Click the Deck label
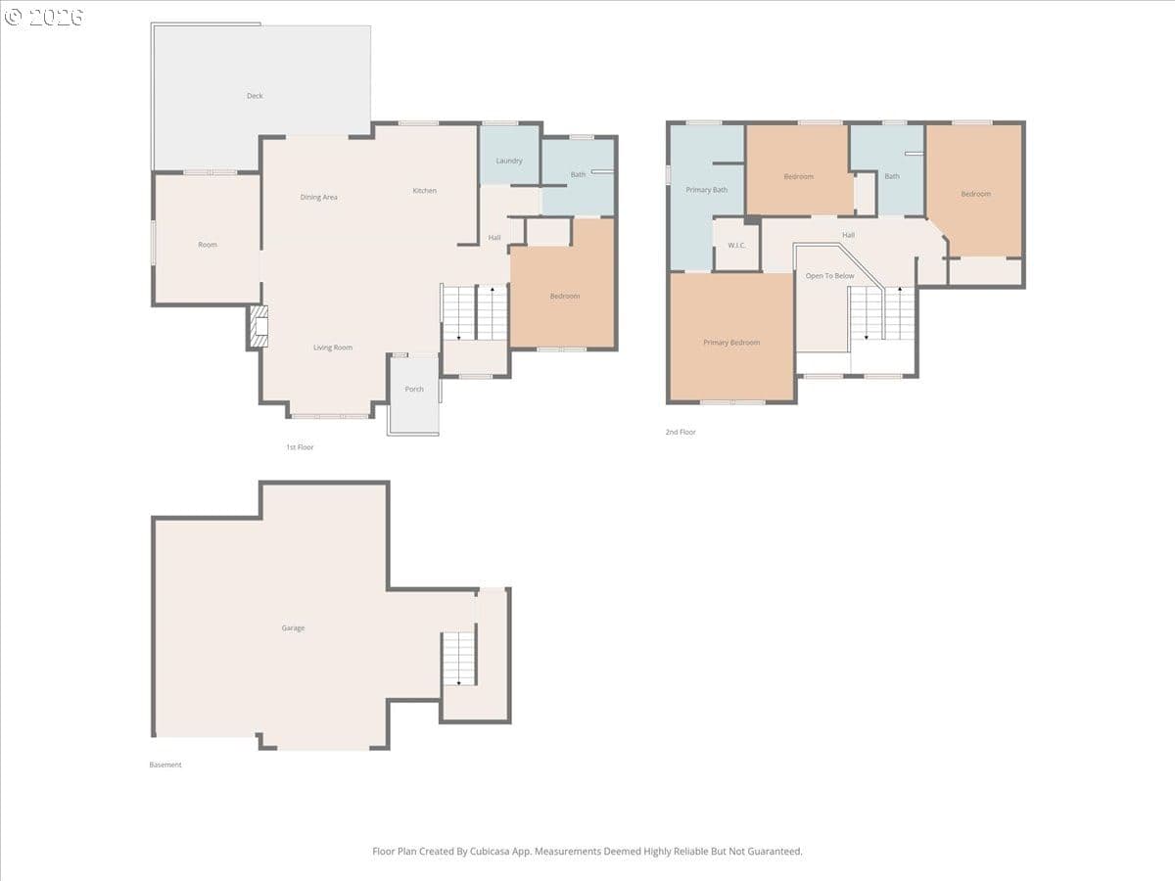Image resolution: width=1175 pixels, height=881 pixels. (255, 96)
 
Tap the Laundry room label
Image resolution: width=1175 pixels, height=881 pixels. (509, 161)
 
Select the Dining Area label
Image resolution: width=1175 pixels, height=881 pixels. (319, 198)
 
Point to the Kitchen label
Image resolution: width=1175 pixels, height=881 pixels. (425, 191)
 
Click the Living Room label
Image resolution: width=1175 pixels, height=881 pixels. (333, 348)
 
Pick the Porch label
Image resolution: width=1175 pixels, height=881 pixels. (414, 389)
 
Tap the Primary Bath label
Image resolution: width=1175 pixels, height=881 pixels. (707, 190)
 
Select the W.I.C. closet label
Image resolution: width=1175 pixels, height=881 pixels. (736, 246)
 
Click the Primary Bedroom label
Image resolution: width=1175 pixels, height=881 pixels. (731, 343)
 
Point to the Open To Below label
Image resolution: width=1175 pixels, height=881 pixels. (830, 276)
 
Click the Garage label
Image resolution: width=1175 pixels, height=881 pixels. (294, 628)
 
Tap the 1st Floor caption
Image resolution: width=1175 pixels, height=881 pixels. (300, 447)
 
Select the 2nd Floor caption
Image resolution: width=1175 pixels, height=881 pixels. (681, 432)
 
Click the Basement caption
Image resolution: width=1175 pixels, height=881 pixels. (165, 765)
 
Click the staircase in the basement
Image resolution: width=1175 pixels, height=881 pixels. (459, 659)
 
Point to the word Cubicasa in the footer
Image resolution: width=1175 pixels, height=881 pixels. (491, 851)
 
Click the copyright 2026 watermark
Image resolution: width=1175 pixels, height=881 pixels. (44, 17)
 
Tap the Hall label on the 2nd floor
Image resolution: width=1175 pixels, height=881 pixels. (849, 235)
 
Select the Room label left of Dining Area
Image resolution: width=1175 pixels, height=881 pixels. (208, 245)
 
